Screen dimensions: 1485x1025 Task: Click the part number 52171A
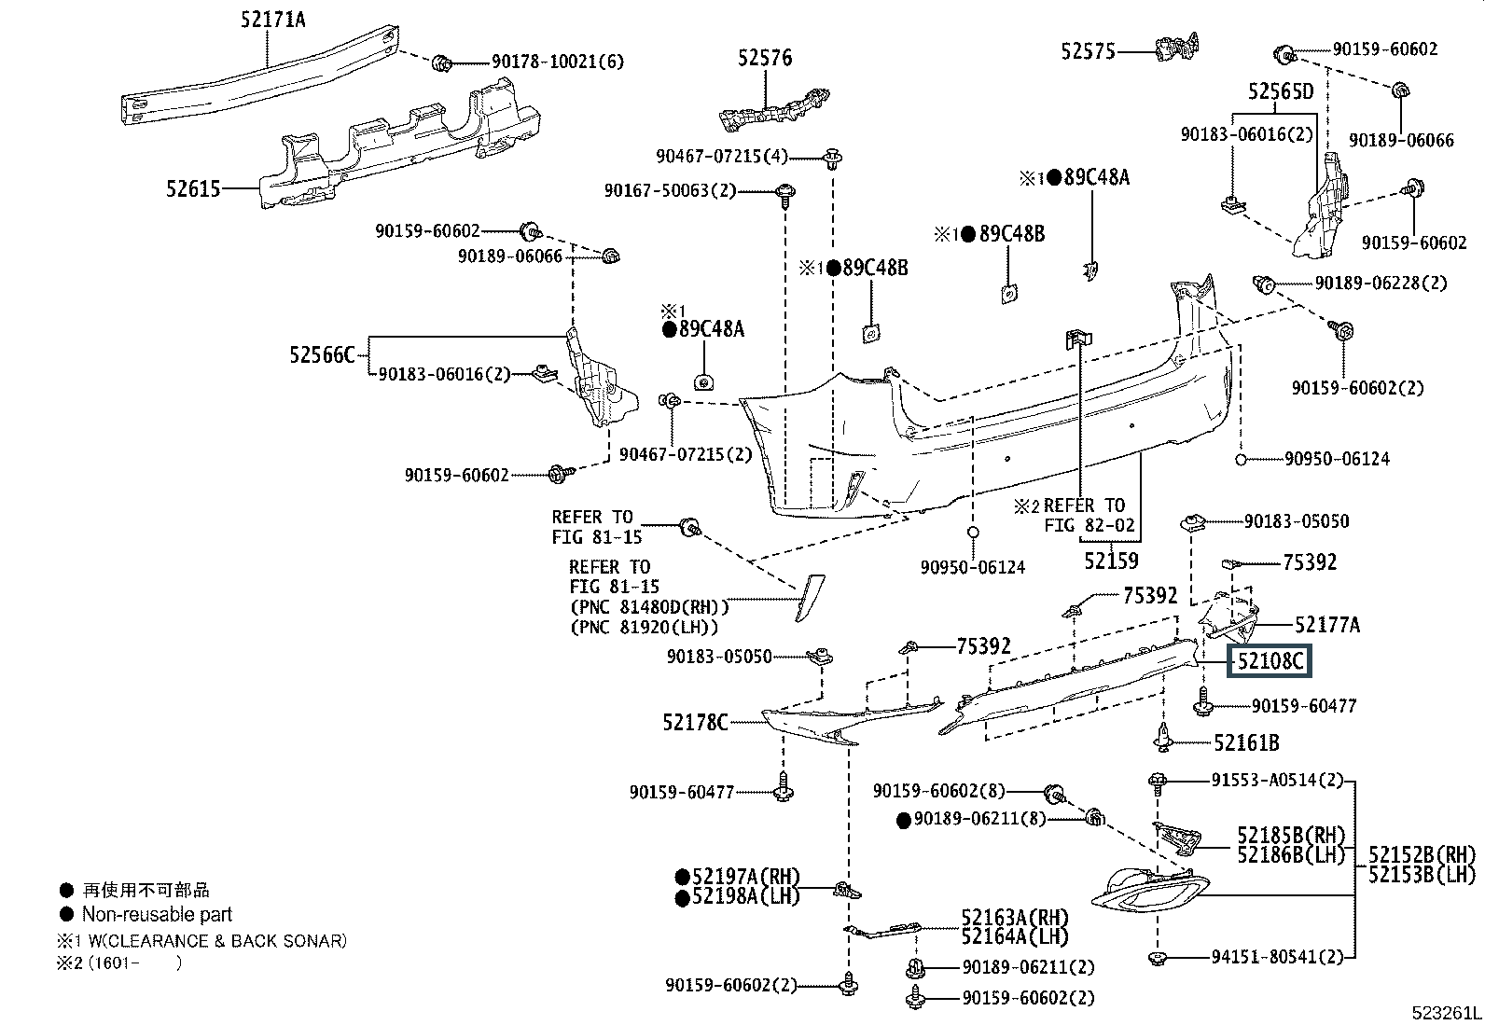(x=272, y=20)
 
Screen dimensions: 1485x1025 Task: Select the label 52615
(x=193, y=189)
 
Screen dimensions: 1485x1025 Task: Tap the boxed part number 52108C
(x=1269, y=661)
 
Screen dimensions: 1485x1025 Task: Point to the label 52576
(x=765, y=58)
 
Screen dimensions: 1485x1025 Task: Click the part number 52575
(x=1088, y=51)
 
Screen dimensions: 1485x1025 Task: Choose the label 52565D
(x=1281, y=90)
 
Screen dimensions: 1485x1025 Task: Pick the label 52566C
(x=322, y=355)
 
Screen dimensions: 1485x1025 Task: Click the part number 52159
(x=1111, y=561)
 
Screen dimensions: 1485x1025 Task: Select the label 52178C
(x=696, y=722)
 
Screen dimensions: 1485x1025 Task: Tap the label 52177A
(x=1327, y=625)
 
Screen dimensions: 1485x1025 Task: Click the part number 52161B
(x=1246, y=743)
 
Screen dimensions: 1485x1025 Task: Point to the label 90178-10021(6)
(x=558, y=62)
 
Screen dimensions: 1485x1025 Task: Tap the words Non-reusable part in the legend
(x=157, y=914)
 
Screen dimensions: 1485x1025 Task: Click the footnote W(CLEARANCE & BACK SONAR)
(x=217, y=941)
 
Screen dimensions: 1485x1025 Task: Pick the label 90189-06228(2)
(x=1381, y=284)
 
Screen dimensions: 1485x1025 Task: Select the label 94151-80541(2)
(x=1278, y=957)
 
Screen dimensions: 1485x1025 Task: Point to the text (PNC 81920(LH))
(x=645, y=627)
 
